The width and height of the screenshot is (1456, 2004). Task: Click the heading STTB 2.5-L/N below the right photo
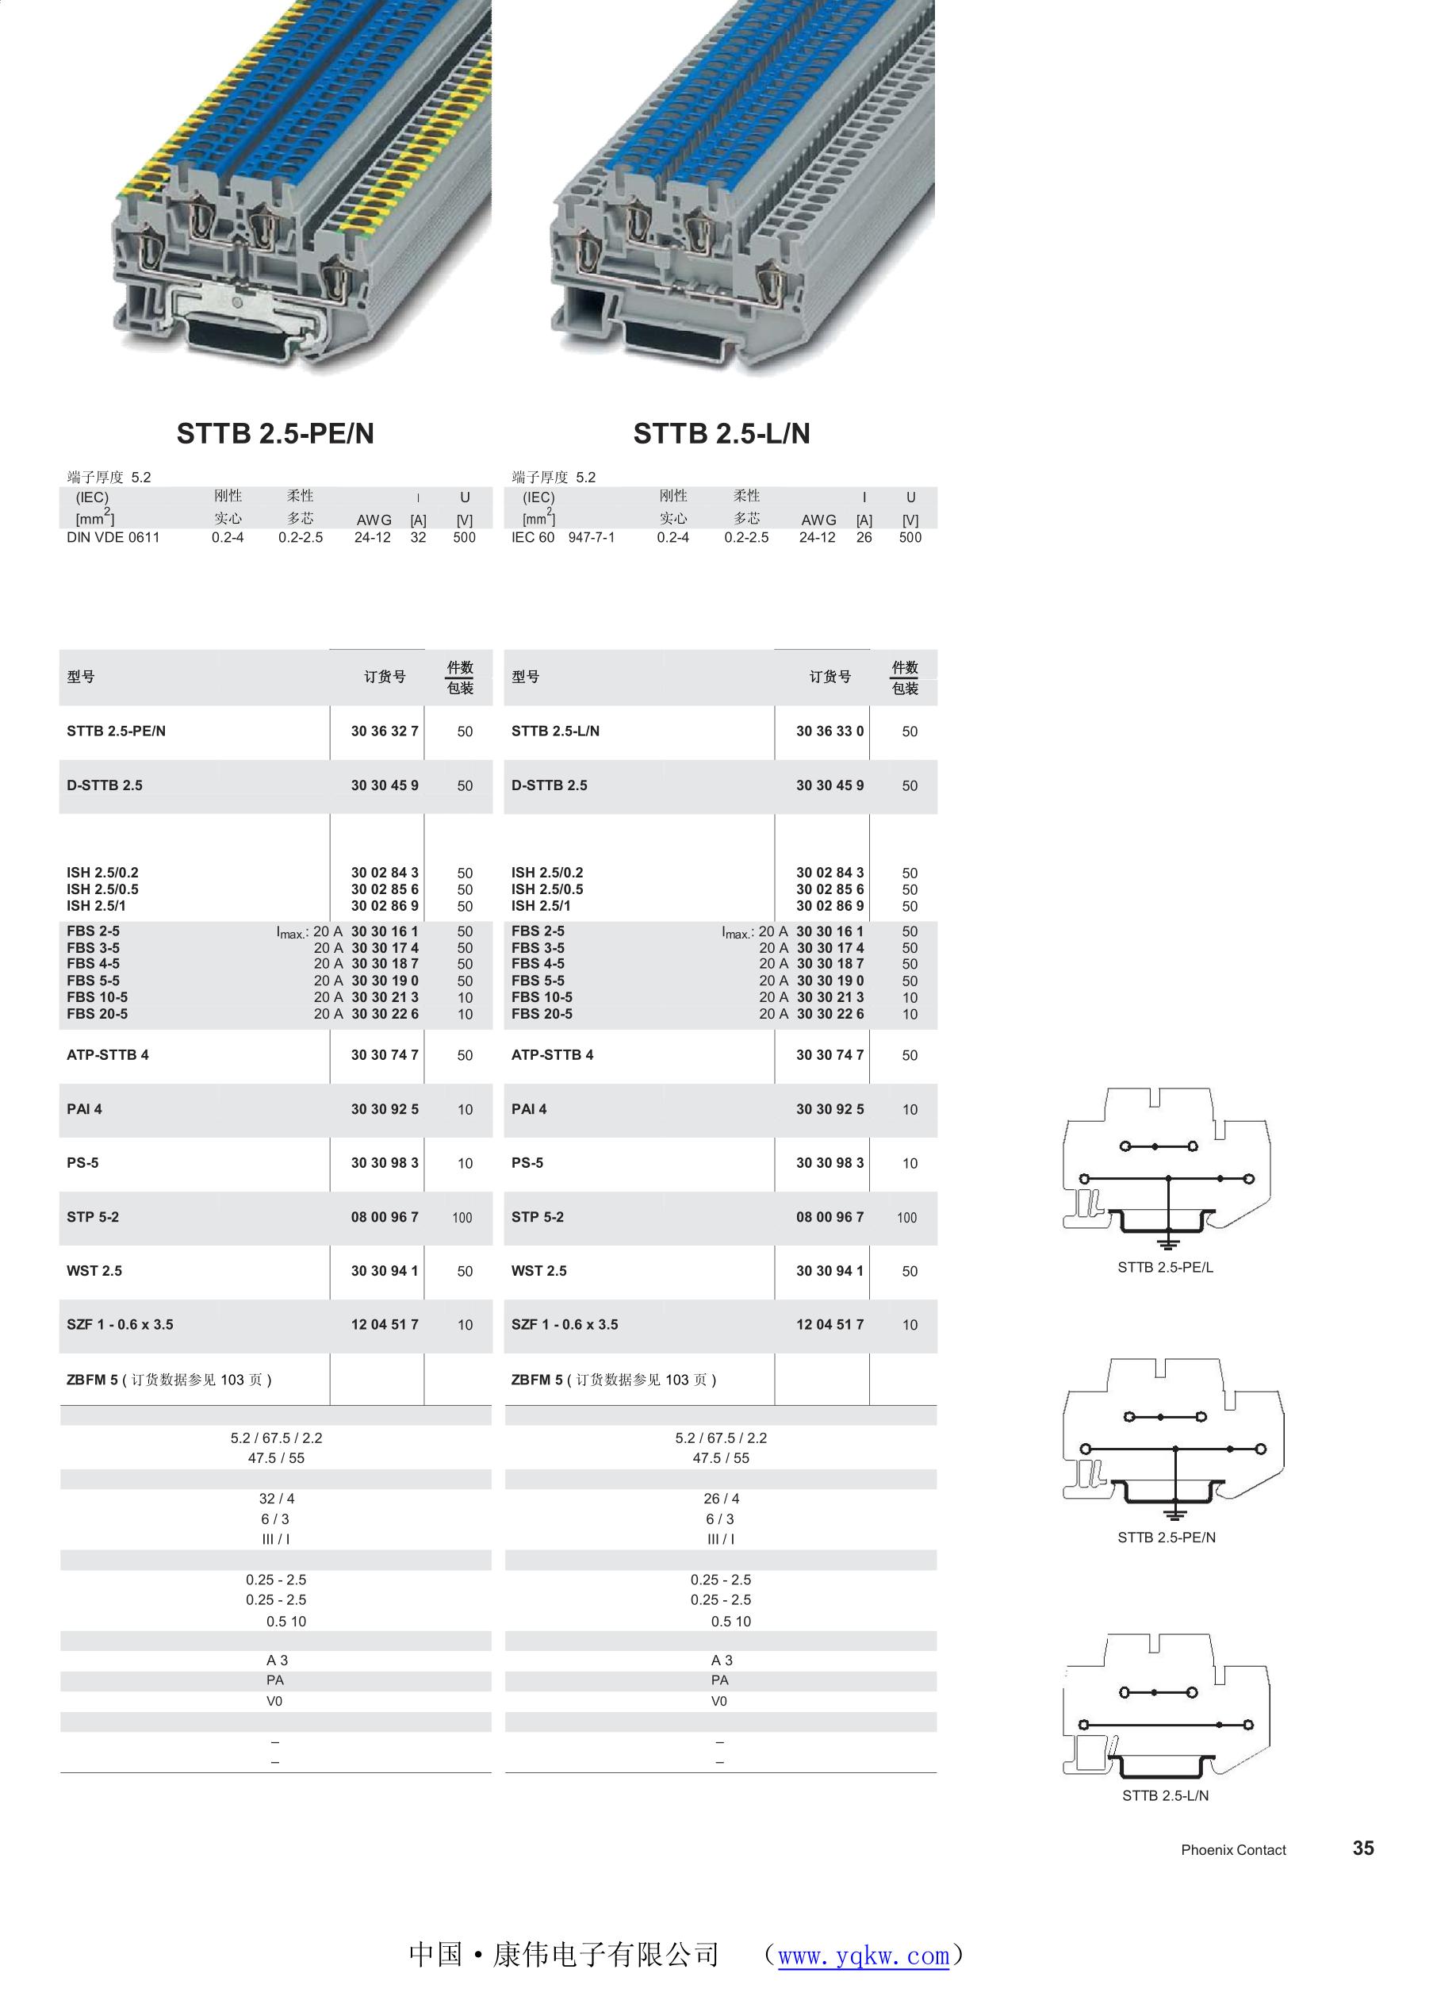tap(721, 433)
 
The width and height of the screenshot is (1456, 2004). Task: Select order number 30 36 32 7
tap(385, 731)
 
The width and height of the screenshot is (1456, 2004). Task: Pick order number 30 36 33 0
tap(830, 731)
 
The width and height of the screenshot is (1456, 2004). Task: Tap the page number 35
tap(1363, 1848)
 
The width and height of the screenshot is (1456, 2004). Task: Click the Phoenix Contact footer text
tap(1233, 1849)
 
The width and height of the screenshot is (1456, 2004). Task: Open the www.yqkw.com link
tap(863, 1956)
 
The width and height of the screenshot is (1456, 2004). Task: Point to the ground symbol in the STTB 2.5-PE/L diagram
tap(1168, 1245)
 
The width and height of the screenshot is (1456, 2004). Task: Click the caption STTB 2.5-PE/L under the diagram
tap(1165, 1267)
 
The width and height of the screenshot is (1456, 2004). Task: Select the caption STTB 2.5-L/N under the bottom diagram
tap(1165, 1795)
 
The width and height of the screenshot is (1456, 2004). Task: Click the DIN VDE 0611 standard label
tap(113, 537)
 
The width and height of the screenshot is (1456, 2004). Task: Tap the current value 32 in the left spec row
tap(418, 537)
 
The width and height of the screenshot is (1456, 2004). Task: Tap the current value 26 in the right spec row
tap(864, 537)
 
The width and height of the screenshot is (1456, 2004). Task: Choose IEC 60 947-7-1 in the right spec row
tap(563, 537)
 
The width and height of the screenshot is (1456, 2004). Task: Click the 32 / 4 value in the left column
tap(277, 1499)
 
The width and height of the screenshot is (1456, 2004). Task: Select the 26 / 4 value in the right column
tap(722, 1499)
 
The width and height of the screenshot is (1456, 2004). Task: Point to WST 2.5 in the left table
tap(94, 1271)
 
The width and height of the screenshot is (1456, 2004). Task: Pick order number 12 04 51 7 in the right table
tap(830, 1325)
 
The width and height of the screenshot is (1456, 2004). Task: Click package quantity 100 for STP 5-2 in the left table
tap(462, 1218)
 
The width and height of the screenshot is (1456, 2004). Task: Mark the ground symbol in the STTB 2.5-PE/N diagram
tap(1175, 1515)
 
